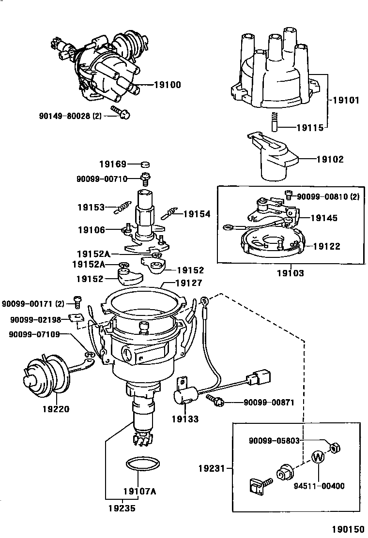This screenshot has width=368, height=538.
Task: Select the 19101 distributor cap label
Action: [x=346, y=101]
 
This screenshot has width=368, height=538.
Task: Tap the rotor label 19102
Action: [x=330, y=159]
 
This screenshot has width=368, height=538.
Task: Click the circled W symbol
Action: [x=318, y=457]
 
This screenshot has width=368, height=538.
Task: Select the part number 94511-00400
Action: [x=319, y=485]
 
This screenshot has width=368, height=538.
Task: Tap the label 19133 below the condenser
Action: [x=184, y=419]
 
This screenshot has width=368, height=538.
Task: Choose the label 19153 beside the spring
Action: [x=91, y=208]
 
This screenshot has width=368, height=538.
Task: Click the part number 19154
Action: [x=197, y=213]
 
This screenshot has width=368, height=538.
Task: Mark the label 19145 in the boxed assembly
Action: [x=324, y=218]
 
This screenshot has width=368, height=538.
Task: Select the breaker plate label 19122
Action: [x=326, y=246]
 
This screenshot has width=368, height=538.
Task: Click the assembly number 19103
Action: [x=291, y=273]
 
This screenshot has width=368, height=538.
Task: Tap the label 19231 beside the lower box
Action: [x=212, y=468]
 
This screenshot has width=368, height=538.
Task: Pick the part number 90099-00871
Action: [x=268, y=402]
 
